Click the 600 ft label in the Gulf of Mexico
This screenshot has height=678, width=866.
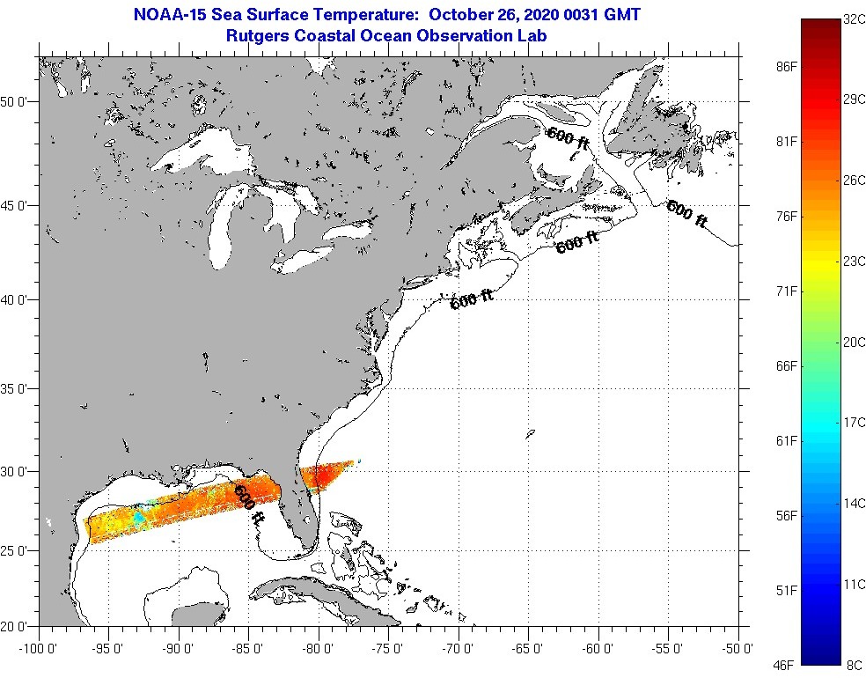249,505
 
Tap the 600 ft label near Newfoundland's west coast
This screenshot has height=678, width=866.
566,136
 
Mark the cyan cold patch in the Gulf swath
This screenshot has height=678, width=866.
138,516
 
